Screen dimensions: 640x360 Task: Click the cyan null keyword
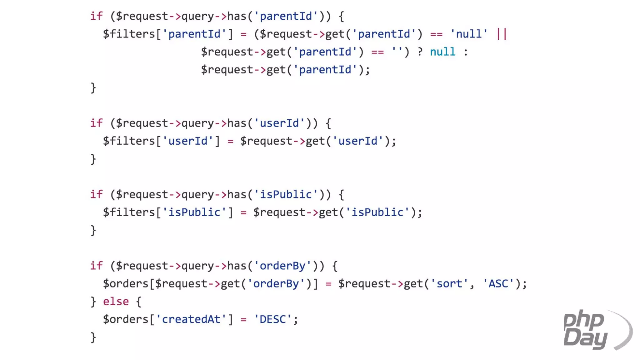click(x=442, y=52)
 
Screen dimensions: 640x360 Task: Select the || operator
click(x=502, y=34)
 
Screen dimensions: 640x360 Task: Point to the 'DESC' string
click(x=273, y=319)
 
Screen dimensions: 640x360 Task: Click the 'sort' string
click(x=449, y=284)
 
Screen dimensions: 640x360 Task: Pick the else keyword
click(x=116, y=302)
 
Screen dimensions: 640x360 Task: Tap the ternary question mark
click(x=420, y=52)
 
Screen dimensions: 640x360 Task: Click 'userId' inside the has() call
click(x=279, y=123)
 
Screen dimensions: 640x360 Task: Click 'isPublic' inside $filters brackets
click(x=194, y=212)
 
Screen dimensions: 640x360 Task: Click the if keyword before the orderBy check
click(x=96, y=266)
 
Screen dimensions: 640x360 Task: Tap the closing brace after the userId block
click(x=93, y=159)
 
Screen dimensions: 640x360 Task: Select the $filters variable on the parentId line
click(x=129, y=34)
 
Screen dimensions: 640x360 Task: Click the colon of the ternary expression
click(x=466, y=52)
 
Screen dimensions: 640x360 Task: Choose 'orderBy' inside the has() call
click(x=282, y=266)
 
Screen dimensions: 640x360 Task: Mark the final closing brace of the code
click(x=93, y=337)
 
